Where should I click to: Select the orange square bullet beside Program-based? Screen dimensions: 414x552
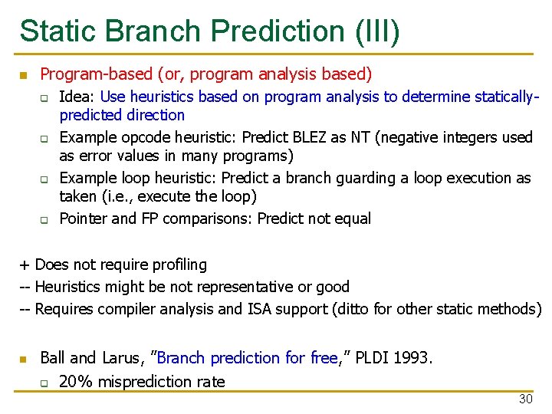[23, 75]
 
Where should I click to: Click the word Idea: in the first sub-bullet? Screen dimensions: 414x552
[77, 97]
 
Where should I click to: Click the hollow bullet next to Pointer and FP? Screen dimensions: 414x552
[44, 219]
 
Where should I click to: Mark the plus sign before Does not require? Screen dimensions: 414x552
[25, 265]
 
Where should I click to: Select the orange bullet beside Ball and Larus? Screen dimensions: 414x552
[23, 359]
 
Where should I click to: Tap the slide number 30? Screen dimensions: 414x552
[525, 399]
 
